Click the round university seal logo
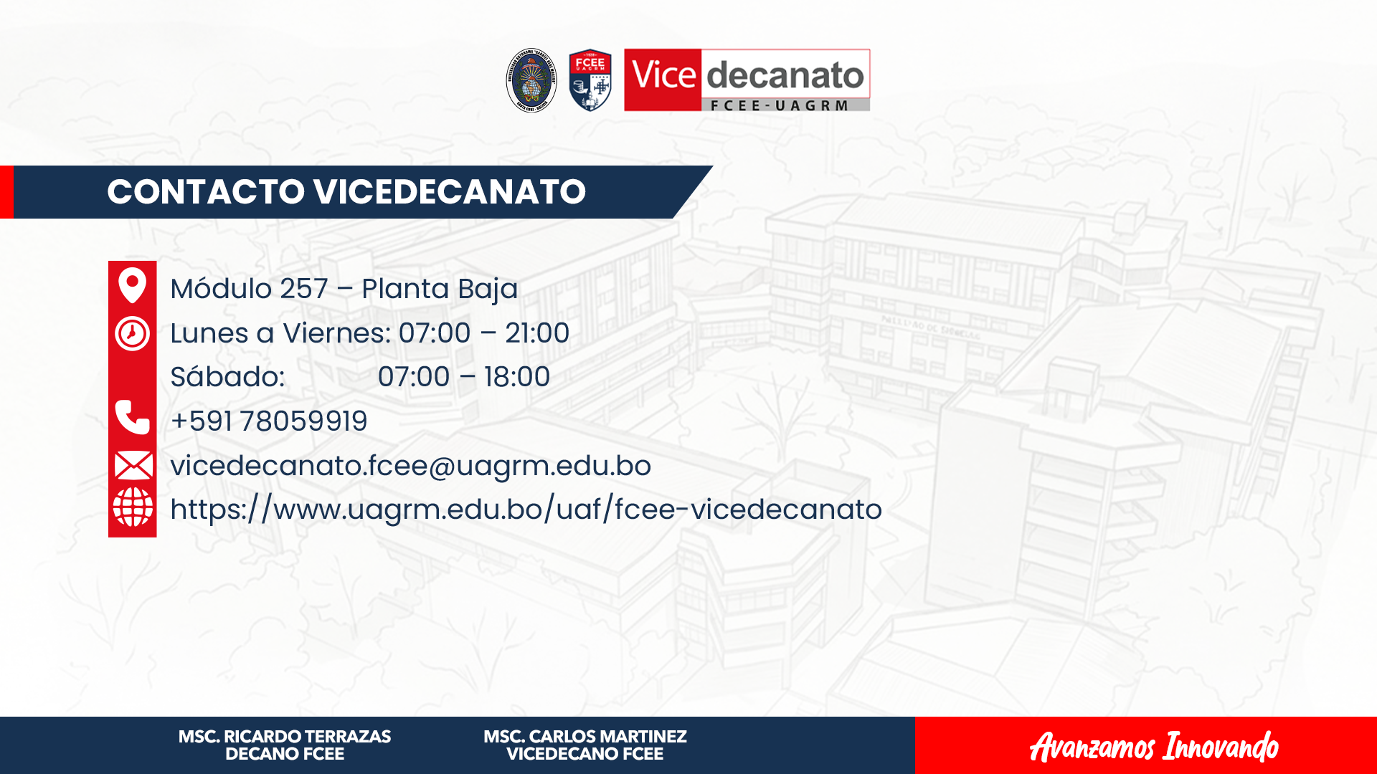[x=531, y=80]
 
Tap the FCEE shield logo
[x=590, y=80]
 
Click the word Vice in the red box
[x=663, y=75]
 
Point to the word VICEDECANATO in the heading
[x=450, y=192]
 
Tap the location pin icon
[x=132, y=285]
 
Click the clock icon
[x=132, y=333]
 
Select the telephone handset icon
[x=133, y=417]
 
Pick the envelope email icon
[x=133, y=465]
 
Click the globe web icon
[x=133, y=507]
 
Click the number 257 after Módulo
[x=304, y=289]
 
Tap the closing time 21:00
[x=537, y=333]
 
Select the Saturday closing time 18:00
[x=517, y=377]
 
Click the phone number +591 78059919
[x=269, y=421]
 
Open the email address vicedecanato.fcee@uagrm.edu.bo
[x=411, y=466]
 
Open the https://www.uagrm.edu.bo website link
[x=526, y=510]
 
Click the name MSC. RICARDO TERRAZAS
[x=285, y=737]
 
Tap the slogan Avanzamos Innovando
[x=1154, y=747]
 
